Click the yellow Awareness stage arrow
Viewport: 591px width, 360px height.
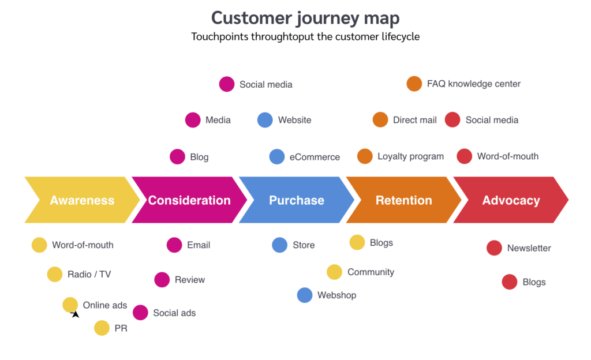pyautogui.click(x=82, y=200)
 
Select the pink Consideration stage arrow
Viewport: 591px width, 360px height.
pyautogui.click(x=189, y=200)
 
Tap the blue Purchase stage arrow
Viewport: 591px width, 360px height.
pyautogui.click(x=297, y=200)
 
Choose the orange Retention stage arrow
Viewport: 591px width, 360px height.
pyautogui.click(x=404, y=200)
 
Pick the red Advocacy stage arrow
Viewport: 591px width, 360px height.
pyautogui.click(x=511, y=200)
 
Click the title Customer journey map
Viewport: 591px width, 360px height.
pyautogui.click(x=305, y=18)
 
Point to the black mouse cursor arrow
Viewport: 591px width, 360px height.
pyautogui.click(x=75, y=314)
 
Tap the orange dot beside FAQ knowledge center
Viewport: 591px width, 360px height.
pyautogui.click(x=414, y=84)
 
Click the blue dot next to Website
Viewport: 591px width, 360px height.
pyautogui.click(x=265, y=120)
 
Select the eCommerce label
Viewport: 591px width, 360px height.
pyautogui.click(x=315, y=157)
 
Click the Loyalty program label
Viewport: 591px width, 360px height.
pyautogui.click(x=410, y=156)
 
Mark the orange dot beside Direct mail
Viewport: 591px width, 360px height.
pyautogui.click(x=380, y=120)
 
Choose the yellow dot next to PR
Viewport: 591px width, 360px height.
pyautogui.click(x=102, y=328)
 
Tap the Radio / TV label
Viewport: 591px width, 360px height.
pyautogui.click(x=89, y=274)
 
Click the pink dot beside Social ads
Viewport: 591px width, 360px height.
pyautogui.click(x=140, y=313)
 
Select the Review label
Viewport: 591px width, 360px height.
pyautogui.click(x=190, y=280)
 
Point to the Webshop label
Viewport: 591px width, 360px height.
pyautogui.click(x=336, y=295)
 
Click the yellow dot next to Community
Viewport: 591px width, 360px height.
pyautogui.click(x=334, y=272)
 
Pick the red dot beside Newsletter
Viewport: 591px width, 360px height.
pyautogui.click(x=494, y=248)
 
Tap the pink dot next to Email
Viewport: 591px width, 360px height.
pyautogui.click(x=174, y=245)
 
